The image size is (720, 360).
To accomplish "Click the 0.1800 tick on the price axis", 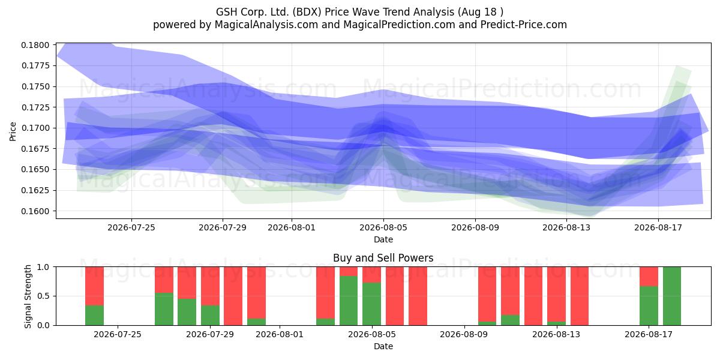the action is pos(35,45).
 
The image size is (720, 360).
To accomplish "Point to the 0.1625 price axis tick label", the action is pos(35,190).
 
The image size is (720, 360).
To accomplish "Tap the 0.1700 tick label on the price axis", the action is pos(35,128).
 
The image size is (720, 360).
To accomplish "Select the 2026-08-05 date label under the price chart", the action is pos(383,227).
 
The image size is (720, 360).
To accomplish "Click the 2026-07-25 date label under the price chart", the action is pos(131,227).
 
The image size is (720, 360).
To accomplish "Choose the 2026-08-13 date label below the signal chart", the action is pos(556,334).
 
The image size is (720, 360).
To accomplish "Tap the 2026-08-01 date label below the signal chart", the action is pos(280,334).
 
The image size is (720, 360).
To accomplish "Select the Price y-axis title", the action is pos(13,131).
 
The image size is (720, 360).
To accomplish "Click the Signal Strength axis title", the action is pos(28,296).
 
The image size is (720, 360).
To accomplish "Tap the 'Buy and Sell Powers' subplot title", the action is pos(383,258).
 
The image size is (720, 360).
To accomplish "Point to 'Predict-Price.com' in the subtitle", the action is pos(524,25).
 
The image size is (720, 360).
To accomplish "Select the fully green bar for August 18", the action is pos(672,296).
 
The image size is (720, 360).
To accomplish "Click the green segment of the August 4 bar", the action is pos(349,301).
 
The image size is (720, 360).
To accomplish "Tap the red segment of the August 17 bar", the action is pos(649,277).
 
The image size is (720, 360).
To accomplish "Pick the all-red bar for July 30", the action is pos(233,296).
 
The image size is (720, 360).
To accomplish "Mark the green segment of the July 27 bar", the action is pos(164,309).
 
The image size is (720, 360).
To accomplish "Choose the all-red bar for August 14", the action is pos(580,296).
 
